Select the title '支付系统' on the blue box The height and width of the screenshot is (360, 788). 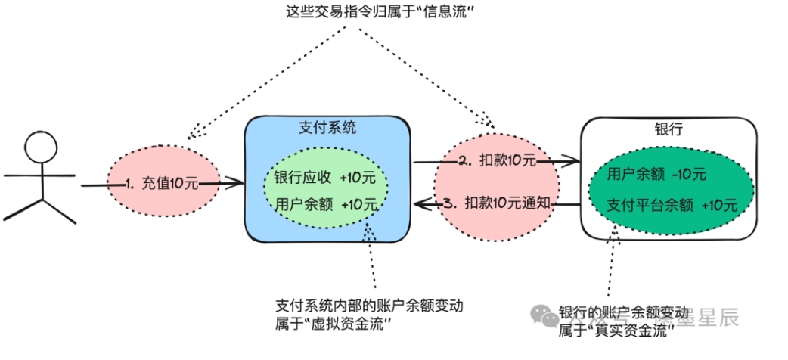pos(327,128)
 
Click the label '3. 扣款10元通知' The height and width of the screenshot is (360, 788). pos(500,203)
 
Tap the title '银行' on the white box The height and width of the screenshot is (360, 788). pos(669,129)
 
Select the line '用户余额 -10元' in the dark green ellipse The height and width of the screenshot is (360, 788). pos(656,175)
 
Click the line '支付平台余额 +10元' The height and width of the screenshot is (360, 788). pos(672,205)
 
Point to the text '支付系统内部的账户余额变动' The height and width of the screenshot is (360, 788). pos(369,306)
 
